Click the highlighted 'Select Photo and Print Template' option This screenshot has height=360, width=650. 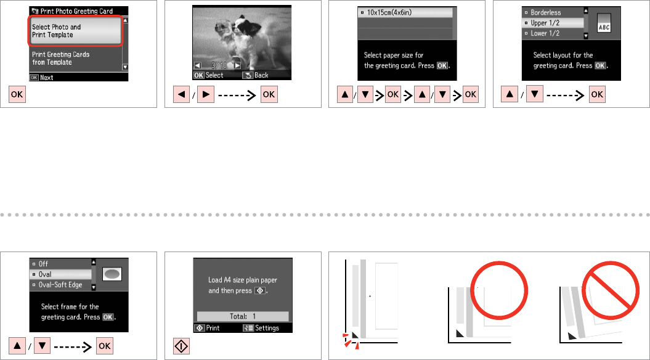(75, 31)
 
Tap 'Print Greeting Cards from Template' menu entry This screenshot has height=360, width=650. (60, 59)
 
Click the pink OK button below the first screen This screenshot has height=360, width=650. (17, 94)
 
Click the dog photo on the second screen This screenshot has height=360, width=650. (242, 38)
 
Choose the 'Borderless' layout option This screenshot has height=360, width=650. (545, 12)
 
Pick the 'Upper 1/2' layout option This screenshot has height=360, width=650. (545, 23)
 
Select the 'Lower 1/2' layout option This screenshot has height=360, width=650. (545, 33)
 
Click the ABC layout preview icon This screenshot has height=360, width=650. (604, 23)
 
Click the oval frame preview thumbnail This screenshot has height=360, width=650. (112, 274)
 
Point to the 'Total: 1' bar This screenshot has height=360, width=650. (243, 316)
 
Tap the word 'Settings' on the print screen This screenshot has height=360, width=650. (267, 328)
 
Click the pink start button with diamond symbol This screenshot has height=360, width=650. (182, 346)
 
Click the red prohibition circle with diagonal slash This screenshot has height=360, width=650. (610, 290)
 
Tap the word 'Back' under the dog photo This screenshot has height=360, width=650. (261, 75)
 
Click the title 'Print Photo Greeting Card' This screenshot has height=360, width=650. (76, 11)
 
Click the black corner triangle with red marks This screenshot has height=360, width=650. (355, 335)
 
